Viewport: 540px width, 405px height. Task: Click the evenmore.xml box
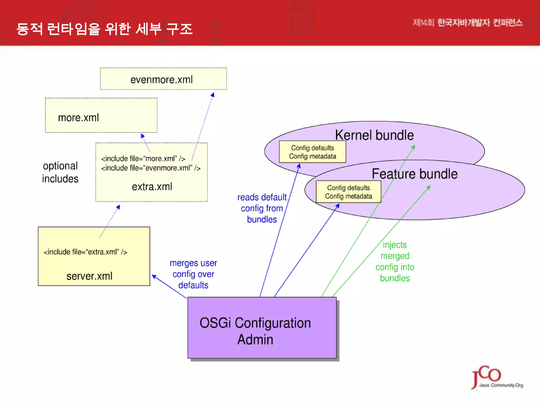[163, 79]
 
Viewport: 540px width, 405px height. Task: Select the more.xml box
[101, 115]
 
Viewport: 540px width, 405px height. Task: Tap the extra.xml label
[152, 187]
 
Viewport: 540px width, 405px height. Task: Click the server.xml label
[89, 276]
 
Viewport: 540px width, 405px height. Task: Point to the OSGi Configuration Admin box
[262, 328]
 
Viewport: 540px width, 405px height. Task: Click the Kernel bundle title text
[374, 135]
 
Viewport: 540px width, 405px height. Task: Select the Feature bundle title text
[414, 174]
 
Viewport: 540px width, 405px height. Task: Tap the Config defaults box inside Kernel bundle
[312, 152]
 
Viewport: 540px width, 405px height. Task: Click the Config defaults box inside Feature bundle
[348, 192]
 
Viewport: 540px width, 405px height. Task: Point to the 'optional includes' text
[60, 172]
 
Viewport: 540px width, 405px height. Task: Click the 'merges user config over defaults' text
[193, 274]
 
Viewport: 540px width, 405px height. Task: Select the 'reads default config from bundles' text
[262, 208]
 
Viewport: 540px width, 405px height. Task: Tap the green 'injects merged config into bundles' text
[395, 261]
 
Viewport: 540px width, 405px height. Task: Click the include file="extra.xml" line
[85, 252]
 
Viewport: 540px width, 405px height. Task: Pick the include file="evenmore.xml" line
[151, 168]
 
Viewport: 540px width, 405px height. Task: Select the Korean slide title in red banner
[104, 29]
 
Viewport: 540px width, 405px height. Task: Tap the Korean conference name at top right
[467, 23]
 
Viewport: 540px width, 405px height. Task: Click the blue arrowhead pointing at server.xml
[154, 277]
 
